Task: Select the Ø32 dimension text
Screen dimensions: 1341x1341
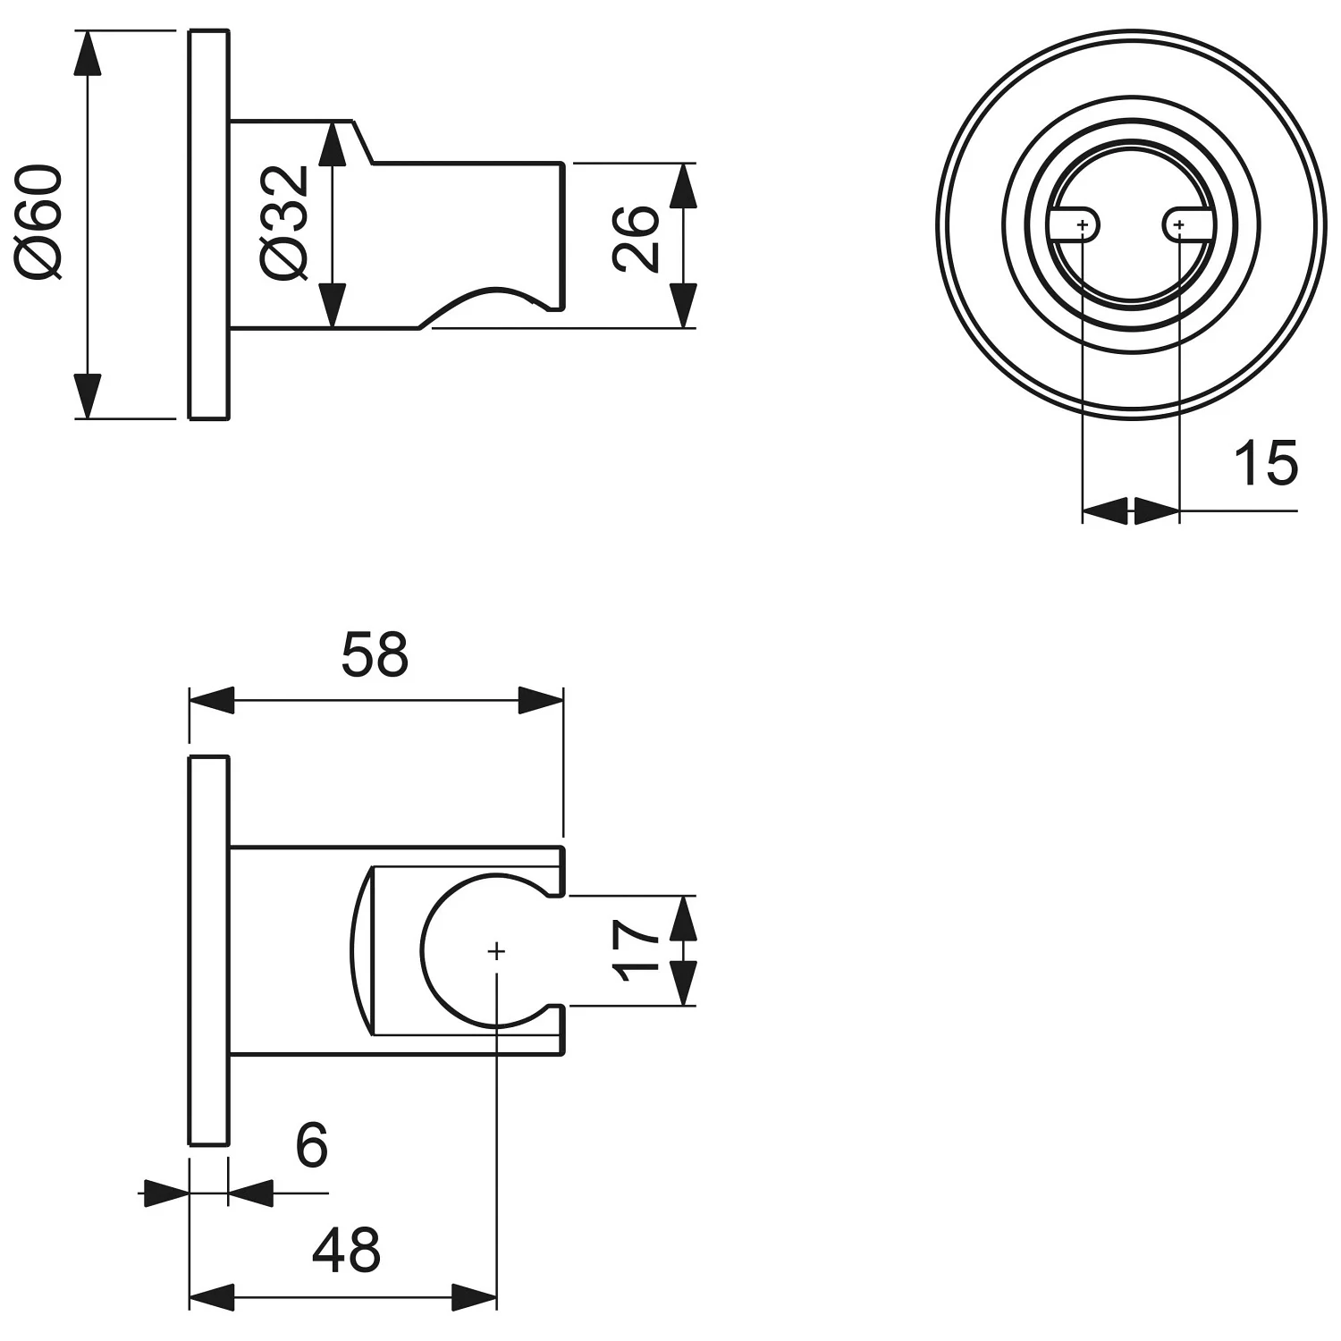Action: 285,223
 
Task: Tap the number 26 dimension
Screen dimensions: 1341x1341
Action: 636,238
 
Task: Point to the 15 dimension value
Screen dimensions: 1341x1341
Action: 1265,464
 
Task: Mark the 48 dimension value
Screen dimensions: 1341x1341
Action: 346,1250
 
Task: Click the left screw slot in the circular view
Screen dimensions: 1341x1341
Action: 1074,224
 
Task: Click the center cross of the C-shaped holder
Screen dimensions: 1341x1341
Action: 496,951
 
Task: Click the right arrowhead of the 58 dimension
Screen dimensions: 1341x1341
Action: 541,700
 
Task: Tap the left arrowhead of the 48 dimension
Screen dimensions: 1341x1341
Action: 212,1297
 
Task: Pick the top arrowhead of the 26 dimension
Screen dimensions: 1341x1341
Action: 683,186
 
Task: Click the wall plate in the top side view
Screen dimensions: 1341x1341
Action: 209,224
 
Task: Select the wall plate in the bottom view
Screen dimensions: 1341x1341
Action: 209,950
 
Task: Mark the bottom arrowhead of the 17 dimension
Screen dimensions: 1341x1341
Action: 683,983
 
